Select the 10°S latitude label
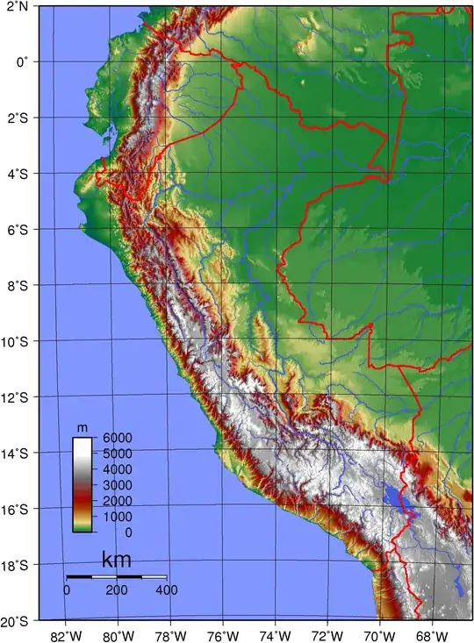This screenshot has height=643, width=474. click(x=15, y=341)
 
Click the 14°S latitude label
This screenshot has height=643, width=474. click(x=15, y=453)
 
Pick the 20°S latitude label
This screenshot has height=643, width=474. click(x=15, y=621)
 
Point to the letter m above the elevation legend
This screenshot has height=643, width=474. click(x=83, y=427)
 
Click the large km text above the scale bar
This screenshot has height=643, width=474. click(x=118, y=560)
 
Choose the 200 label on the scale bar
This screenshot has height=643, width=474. click(x=117, y=590)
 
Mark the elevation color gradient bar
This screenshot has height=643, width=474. click(x=83, y=484)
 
